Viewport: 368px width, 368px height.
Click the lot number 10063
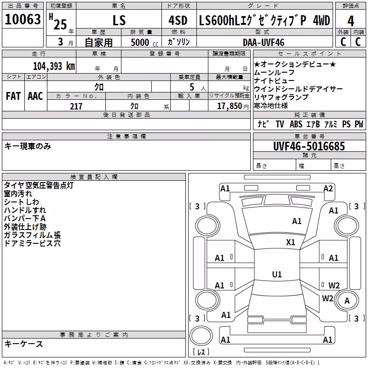click(23, 19)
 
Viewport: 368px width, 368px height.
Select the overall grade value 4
click(351, 21)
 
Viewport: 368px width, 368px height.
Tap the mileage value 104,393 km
click(54, 66)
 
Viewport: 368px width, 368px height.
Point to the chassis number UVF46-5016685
click(309, 146)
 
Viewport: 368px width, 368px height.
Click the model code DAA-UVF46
click(264, 42)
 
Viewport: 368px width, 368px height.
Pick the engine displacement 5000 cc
click(144, 42)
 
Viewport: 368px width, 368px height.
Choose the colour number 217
click(76, 106)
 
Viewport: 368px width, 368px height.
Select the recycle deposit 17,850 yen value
click(233, 106)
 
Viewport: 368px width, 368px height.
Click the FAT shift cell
click(13, 96)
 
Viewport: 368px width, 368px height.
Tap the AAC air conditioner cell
click(35, 96)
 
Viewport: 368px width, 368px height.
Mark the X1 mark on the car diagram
click(291, 242)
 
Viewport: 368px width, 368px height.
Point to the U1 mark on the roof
click(277, 274)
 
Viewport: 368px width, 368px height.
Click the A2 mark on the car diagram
click(328, 189)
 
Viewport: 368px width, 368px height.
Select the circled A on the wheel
click(347, 301)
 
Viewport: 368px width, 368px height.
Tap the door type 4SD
click(178, 20)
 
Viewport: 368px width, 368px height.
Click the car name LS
click(119, 20)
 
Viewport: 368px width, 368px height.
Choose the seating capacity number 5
click(192, 87)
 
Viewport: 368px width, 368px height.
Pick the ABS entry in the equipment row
click(296, 124)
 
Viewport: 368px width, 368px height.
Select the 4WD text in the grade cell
click(321, 20)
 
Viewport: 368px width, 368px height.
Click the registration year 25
click(60, 24)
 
